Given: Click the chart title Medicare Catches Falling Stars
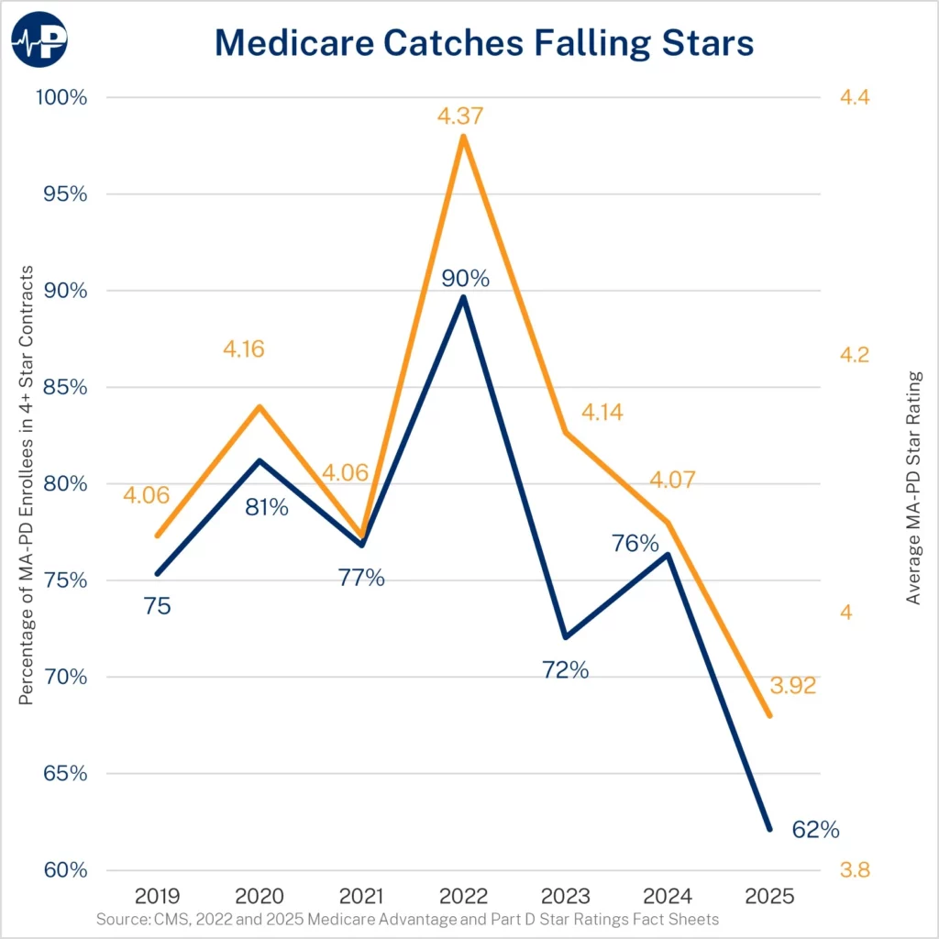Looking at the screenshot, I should pyautogui.click(x=483, y=43).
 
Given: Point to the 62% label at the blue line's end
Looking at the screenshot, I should pyautogui.click(x=815, y=831).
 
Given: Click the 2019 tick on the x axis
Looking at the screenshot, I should pyautogui.click(x=158, y=895).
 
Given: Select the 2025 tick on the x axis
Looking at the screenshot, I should pyautogui.click(x=769, y=895).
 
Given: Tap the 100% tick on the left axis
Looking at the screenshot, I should pyautogui.click(x=61, y=97).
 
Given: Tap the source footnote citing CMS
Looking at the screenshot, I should pyautogui.click(x=407, y=919).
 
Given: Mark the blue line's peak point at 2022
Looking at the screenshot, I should pyautogui.click(x=464, y=297).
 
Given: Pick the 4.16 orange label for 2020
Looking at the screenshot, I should pyautogui.click(x=247, y=349).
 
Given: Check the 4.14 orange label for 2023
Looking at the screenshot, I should pyautogui.click(x=602, y=413).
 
